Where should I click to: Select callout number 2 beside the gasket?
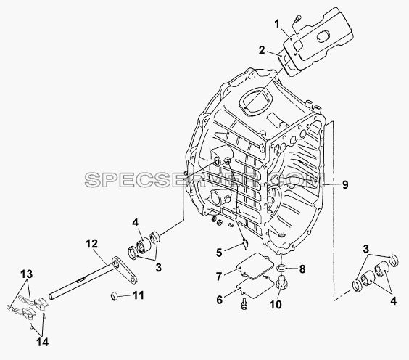(262, 50)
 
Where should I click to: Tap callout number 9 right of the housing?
(345, 185)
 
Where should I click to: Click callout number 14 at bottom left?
(43, 342)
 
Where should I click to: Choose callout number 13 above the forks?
(27, 274)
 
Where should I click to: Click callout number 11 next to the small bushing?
(139, 295)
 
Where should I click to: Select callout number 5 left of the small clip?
(219, 253)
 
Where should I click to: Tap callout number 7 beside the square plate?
(219, 277)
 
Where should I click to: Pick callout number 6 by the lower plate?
(220, 300)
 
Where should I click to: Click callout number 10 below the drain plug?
(276, 304)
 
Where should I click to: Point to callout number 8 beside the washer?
(302, 269)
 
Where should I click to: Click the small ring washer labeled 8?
(281, 268)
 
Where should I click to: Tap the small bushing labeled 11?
(115, 297)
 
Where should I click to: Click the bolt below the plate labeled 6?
(244, 304)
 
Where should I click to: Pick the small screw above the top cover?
(297, 18)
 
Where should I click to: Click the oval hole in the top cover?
(323, 36)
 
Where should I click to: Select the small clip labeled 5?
(245, 245)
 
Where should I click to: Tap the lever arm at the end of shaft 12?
(125, 271)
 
